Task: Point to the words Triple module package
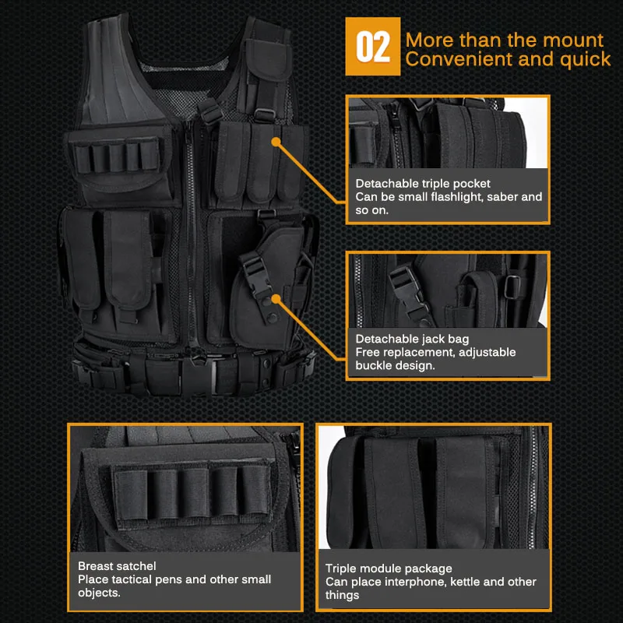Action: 389,568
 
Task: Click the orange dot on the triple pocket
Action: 276,141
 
